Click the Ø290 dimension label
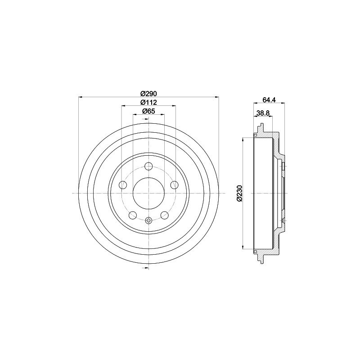[x=148, y=94]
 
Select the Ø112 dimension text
[x=148, y=102]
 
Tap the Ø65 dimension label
[x=148, y=111]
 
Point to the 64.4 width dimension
[x=269, y=99]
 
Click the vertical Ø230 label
[x=239, y=193]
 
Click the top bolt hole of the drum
[x=149, y=166]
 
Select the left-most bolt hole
[x=123, y=184]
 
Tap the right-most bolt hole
[x=175, y=184]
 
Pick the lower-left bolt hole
[x=133, y=215]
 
